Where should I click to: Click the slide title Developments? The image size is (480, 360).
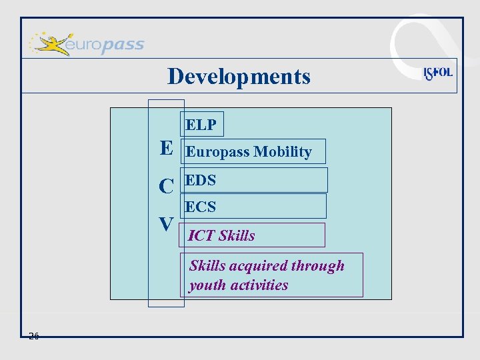[239, 76]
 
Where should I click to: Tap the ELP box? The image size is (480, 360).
[201, 125]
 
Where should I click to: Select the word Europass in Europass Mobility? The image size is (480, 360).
[215, 152]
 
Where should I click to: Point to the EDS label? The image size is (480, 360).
[201, 180]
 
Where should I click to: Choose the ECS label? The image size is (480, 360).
[201, 207]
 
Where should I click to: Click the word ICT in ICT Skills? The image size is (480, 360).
[201, 235]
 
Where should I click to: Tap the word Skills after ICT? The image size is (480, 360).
[236, 235]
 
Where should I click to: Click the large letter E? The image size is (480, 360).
[167, 148]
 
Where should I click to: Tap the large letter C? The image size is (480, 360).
[167, 187]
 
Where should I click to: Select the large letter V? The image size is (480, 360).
[167, 224]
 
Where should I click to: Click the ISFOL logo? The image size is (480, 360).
[438, 73]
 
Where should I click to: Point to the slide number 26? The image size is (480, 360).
[34, 335]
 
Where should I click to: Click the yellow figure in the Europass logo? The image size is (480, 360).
[50, 44]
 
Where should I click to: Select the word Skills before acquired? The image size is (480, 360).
[207, 265]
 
